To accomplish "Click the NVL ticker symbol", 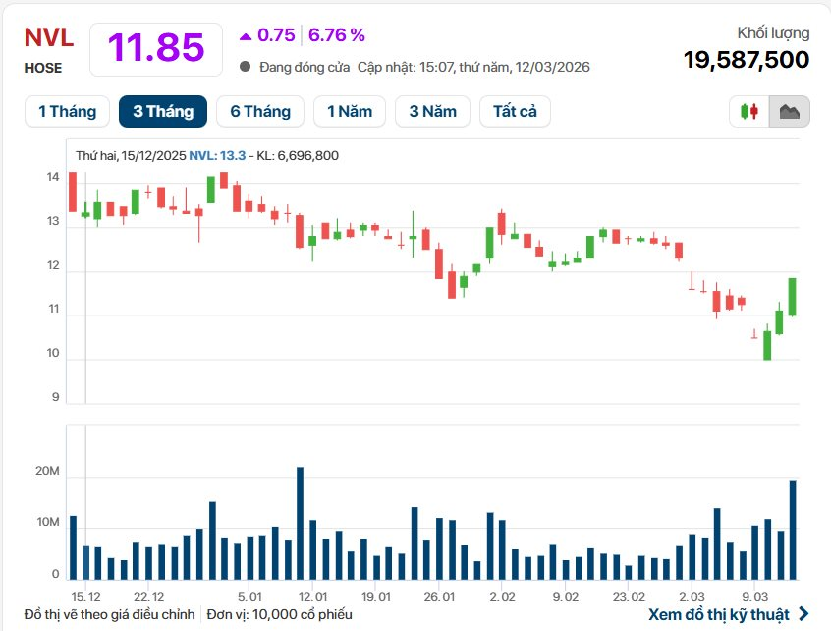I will click(x=49, y=37).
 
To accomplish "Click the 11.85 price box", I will click(x=155, y=48).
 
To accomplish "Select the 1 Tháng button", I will click(x=67, y=111).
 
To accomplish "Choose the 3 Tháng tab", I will click(x=163, y=111).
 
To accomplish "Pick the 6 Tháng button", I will click(x=260, y=111).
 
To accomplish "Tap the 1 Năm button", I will click(x=350, y=111).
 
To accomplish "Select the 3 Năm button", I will click(x=432, y=111).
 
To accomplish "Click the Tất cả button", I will click(x=515, y=111).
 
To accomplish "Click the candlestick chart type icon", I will click(x=749, y=111).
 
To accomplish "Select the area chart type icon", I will click(x=789, y=111).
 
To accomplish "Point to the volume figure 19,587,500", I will click(x=747, y=60).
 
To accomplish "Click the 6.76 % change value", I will click(x=337, y=35).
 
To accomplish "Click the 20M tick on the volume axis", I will click(x=49, y=473).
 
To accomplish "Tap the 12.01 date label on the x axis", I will click(x=312, y=596).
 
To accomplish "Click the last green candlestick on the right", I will click(x=792, y=296).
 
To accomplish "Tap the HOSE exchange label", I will click(x=43, y=68).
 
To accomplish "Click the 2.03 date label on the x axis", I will click(x=692, y=596).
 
